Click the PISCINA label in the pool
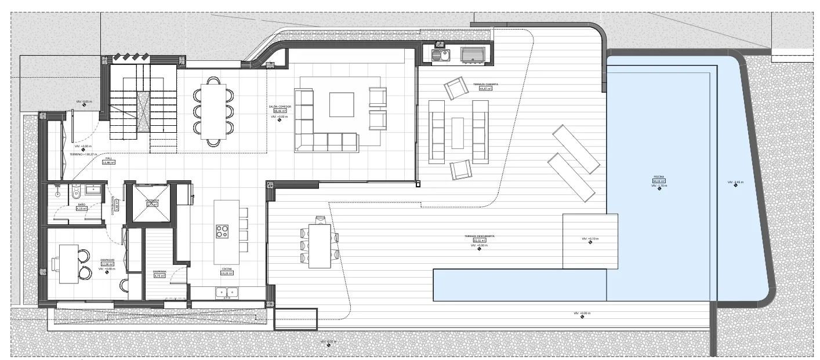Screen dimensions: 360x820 659,176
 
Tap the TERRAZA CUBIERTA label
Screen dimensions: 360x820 485,84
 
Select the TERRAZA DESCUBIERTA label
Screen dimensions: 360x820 479,237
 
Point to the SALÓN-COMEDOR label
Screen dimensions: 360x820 280,107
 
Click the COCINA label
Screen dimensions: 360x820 226,270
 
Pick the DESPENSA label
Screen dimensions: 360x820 160,271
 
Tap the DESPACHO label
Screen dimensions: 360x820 107,260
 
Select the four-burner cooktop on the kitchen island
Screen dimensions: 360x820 222,231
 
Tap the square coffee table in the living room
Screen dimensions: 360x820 341,105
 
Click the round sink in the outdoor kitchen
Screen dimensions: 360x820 445,56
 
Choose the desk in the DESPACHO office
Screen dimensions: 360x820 69,264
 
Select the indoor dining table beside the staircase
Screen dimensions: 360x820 213,112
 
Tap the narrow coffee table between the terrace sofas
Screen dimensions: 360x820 458,133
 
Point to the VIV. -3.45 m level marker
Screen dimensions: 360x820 735,183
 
